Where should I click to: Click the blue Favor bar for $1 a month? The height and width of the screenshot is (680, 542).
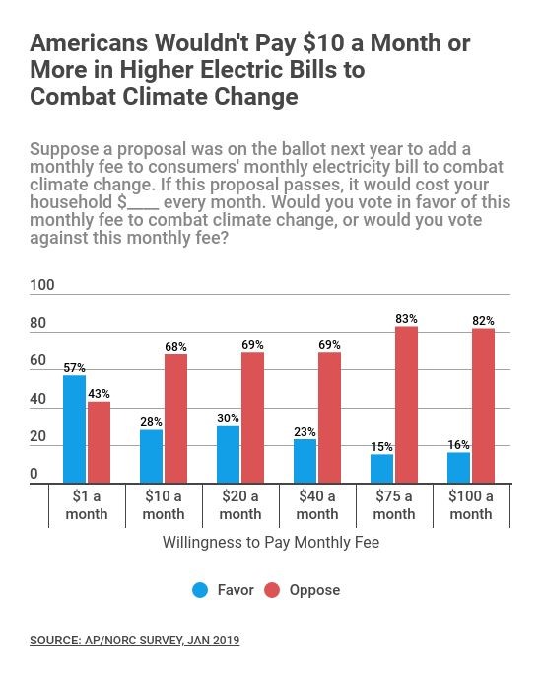(x=75, y=429)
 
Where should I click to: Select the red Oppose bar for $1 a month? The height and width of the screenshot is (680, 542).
(x=100, y=442)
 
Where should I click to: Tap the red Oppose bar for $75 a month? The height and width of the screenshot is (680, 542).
(x=406, y=405)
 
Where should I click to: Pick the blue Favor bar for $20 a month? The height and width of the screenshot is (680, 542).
(x=229, y=455)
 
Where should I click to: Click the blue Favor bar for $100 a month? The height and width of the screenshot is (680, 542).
(x=459, y=468)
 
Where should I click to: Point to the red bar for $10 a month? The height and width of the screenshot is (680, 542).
(x=175, y=418)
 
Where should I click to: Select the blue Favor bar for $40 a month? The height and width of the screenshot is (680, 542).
(x=305, y=462)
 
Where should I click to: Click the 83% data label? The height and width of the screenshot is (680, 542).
(x=406, y=319)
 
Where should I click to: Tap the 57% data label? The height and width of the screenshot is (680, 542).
(x=75, y=368)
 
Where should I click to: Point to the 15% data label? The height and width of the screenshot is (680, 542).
(x=381, y=447)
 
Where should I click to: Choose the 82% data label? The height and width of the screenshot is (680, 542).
(x=483, y=321)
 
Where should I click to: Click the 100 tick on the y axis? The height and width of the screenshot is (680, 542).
(x=42, y=285)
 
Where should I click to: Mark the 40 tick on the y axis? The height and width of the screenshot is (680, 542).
(x=38, y=399)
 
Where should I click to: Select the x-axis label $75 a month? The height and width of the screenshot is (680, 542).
(x=394, y=504)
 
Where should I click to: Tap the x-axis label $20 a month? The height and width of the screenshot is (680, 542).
(x=240, y=504)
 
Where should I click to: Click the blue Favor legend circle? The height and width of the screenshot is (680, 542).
(x=200, y=590)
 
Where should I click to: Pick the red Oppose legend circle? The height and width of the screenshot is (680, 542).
(x=272, y=590)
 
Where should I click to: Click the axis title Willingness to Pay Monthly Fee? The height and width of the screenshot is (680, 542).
(x=271, y=542)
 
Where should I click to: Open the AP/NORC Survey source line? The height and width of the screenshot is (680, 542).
(x=135, y=641)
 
